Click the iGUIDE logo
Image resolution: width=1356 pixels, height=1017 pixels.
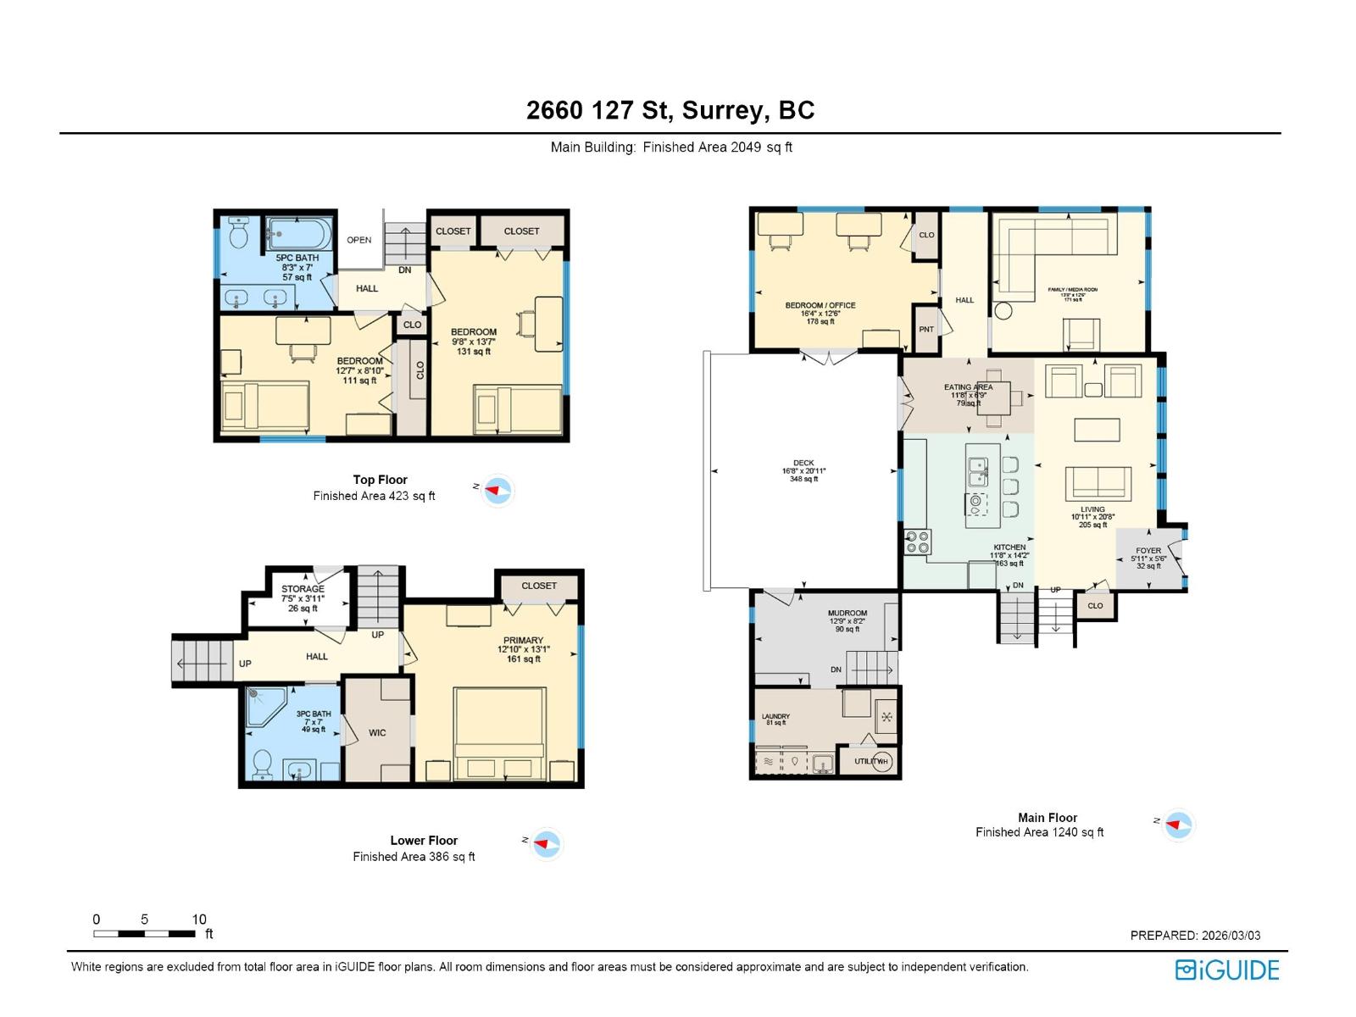click(1226, 970)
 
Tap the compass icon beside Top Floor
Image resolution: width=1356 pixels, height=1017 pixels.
click(497, 490)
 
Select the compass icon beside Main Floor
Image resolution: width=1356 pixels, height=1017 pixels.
click(1178, 824)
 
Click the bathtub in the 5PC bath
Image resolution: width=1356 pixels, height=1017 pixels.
click(297, 232)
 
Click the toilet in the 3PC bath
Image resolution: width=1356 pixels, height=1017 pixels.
click(262, 762)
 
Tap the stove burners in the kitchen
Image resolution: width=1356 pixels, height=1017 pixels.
click(918, 542)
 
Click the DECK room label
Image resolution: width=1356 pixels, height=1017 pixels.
click(803, 464)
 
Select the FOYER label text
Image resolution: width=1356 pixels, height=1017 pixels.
click(1148, 551)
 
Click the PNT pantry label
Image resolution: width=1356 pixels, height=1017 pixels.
click(926, 330)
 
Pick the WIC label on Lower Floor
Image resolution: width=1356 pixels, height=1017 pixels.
click(377, 733)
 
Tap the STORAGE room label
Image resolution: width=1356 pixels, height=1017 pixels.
click(303, 589)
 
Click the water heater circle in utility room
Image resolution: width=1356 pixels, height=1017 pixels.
click(882, 761)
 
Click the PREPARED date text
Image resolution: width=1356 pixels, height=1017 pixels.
click(1195, 936)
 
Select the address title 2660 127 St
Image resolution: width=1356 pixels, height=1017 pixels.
click(670, 110)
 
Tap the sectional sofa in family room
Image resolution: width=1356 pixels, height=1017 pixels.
click(1051, 246)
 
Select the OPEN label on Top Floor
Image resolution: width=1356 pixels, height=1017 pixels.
click(359, 240)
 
